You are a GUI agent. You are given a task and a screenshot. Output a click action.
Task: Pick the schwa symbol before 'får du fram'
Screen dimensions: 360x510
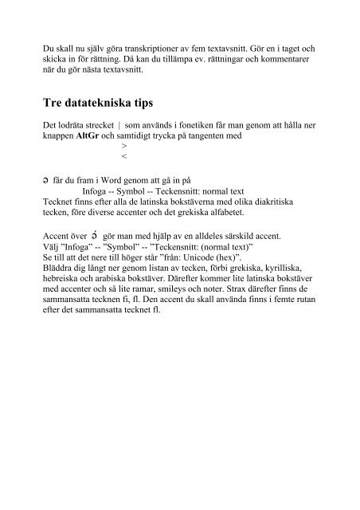tap(46, 182)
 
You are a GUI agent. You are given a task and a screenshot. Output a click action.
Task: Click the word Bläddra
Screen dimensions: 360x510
tap(60, 269)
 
